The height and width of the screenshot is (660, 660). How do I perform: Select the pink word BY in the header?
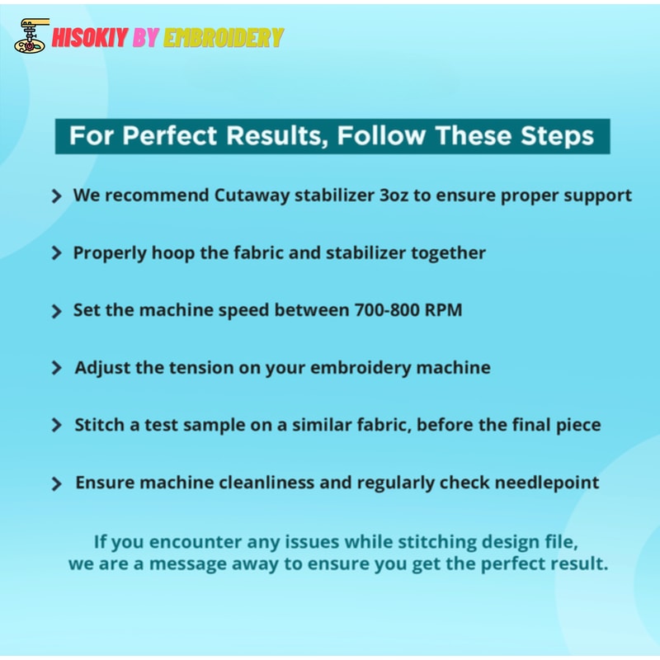tap(146, 37)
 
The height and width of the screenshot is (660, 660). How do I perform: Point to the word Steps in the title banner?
tap(555, 136)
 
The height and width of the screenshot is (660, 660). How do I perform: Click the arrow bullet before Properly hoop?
tap(56, 253)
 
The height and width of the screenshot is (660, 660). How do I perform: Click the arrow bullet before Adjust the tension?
tap(56, 368)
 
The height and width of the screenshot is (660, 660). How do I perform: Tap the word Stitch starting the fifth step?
tap(100, 425)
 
